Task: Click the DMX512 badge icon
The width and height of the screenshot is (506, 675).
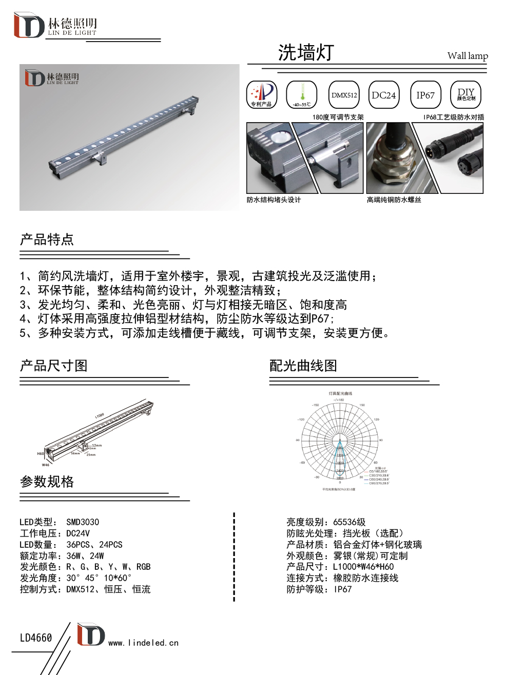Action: pos(344,95)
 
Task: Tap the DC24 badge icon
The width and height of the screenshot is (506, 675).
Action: pos(384,95)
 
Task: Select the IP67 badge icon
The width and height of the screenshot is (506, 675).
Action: pos(425,95)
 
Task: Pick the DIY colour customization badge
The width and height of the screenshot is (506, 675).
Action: pos(465,95)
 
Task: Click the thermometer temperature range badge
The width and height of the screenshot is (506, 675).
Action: pos(302,95)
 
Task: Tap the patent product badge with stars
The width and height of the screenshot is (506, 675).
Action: pos(262,95)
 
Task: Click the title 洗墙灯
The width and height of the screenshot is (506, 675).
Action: pos(306,52)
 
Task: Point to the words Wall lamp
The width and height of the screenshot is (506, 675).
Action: pos(467,56)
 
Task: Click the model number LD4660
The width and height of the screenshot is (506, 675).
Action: pos(36,638)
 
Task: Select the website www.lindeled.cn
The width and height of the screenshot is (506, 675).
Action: pos(143,643)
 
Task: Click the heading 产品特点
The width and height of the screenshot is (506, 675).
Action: pos(47,240)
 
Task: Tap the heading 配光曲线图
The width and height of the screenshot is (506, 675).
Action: pos(303,366)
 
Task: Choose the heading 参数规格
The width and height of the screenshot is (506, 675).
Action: pos(47,482)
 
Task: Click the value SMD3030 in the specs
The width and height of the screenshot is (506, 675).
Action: pos(83,522)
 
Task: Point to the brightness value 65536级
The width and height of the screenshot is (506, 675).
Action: pos(349,522)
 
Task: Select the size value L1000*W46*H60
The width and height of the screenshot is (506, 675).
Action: pos(363,567)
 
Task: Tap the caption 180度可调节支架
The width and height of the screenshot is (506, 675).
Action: pos(338,117)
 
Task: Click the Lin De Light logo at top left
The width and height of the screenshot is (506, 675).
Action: pos(55,26)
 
